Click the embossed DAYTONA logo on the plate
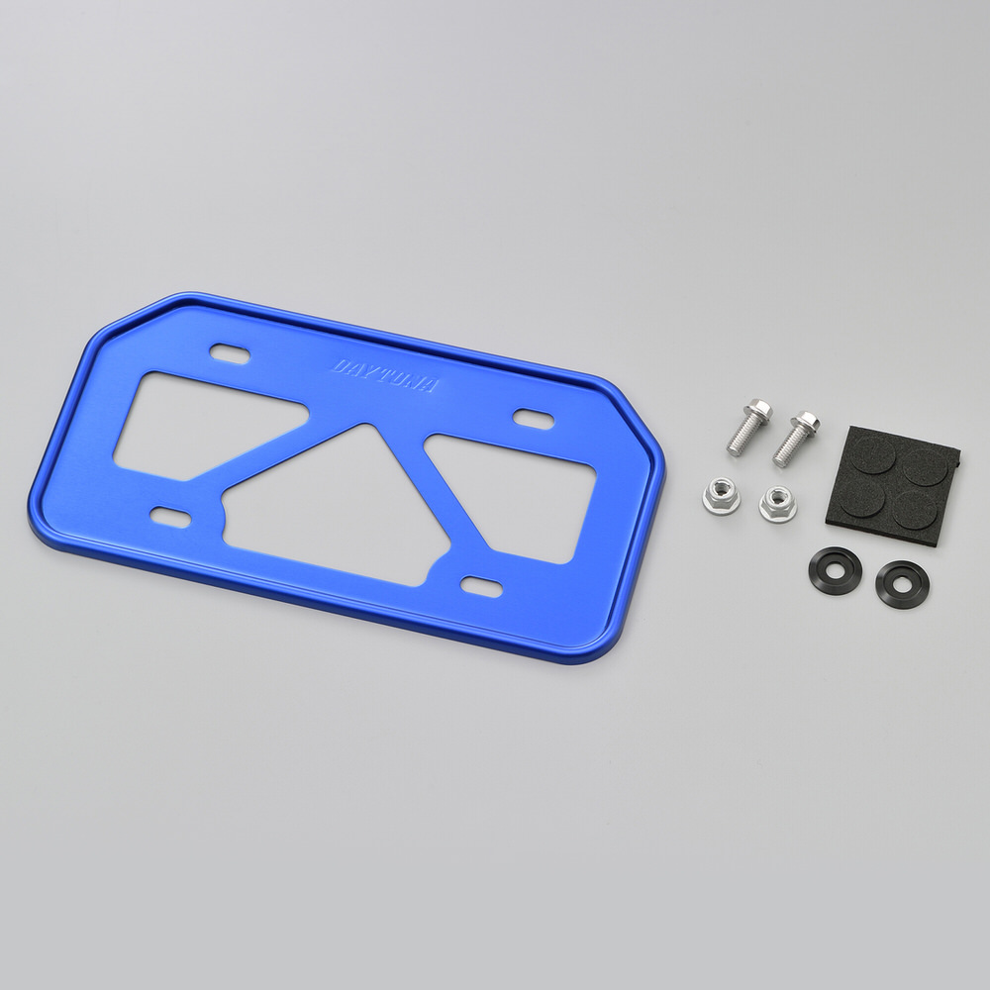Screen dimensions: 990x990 coord(384,375)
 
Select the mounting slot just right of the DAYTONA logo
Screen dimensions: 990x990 coord(534,418)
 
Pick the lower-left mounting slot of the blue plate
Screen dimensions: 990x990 coord(169,517)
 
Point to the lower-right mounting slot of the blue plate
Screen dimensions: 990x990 coord(481,585)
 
